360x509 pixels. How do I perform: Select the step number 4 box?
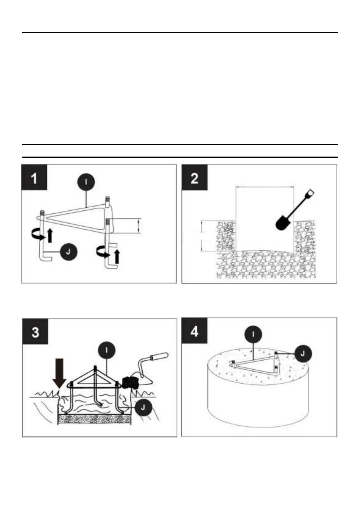click(x=194, y=331)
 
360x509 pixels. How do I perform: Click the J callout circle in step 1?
click(x=68, y=252)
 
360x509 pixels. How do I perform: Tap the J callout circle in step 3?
click(x=143, y=407)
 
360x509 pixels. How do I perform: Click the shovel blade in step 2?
click(x=283, y=223)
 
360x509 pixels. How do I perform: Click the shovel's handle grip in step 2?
click(x=310, y=193)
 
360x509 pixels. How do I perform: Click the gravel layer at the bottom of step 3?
click(x=94, y=419)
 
